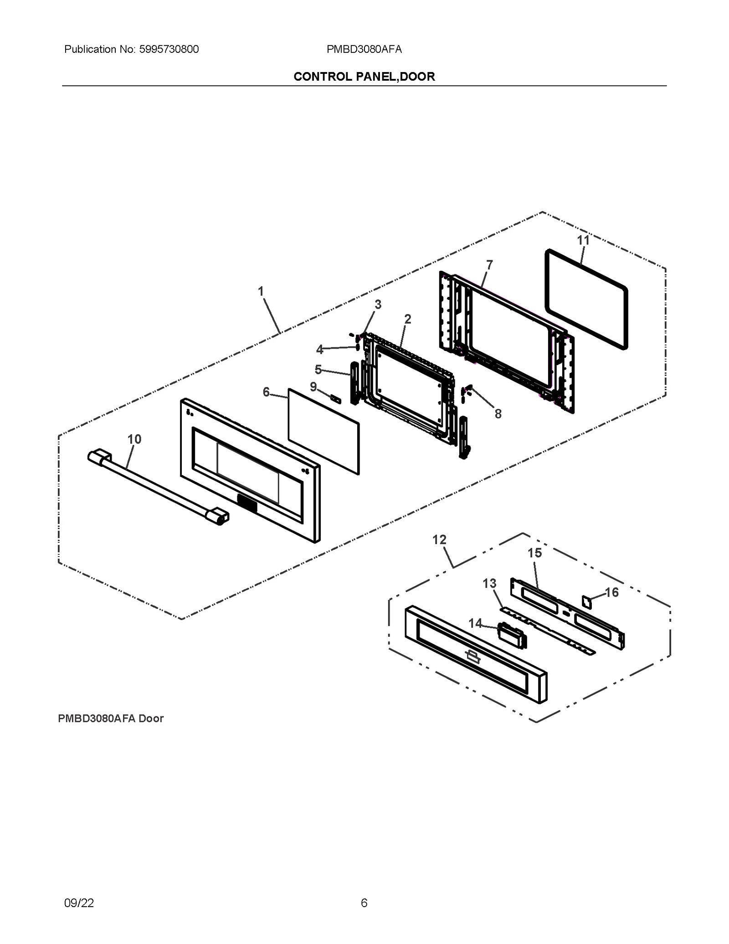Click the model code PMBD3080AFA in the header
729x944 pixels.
tap(364, 49)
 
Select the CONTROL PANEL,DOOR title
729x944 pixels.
tap(364, 77)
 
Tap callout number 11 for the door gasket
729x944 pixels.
tap(583, 240)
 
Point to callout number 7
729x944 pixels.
tap(489, 265)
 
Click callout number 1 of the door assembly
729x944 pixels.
tap(261, 291)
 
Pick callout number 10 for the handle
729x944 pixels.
tap(134, 439)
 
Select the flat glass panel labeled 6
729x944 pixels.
tap(323, 431)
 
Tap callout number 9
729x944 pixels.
tap(313, 387)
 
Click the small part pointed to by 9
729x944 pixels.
tap(336, 399)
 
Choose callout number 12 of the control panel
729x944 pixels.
tap(439, 540)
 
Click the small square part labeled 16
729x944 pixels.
tap(587, 601)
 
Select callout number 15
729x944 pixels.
tap(534, 553)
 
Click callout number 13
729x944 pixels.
tap(489, 583)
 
